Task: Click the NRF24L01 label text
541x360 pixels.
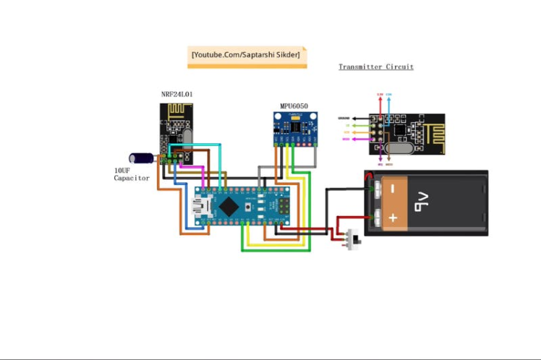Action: tap(176, 94)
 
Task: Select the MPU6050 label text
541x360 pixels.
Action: tap(294, 106)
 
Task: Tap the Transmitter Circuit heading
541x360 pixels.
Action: tap(376, 67)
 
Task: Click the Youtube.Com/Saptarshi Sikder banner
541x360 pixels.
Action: tap(247, 56)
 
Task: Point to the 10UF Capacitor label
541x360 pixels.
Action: tap(132, 174)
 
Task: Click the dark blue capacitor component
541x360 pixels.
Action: tap(140, 158)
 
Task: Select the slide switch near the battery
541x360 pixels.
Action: tap(354, 239)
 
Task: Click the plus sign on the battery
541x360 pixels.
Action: tap(393, 217)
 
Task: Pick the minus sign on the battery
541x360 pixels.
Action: tap(393, 189)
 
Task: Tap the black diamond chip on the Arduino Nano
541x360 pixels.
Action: tap(229, 207)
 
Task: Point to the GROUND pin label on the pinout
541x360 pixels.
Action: tap(344, 119)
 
